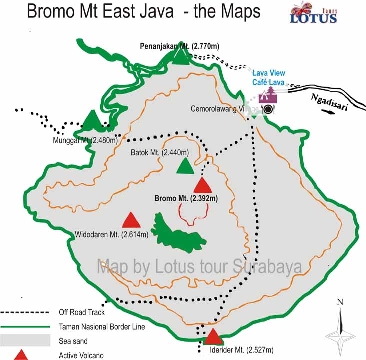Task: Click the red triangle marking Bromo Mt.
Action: click(x=203, y=185)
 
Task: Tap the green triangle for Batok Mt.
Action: click(x=185, y=166)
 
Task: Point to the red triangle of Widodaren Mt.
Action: click(x=131, y=220)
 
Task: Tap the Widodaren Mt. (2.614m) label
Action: click(x=112, y=234)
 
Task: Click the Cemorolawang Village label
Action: click(x=225, y=109)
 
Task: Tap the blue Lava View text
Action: click(x=269, y=73)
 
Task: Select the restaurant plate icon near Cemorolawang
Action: click(x=268, y=109)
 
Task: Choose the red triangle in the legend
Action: click(x=21, y=355)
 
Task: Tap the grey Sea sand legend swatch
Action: click(x=26, y=341)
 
